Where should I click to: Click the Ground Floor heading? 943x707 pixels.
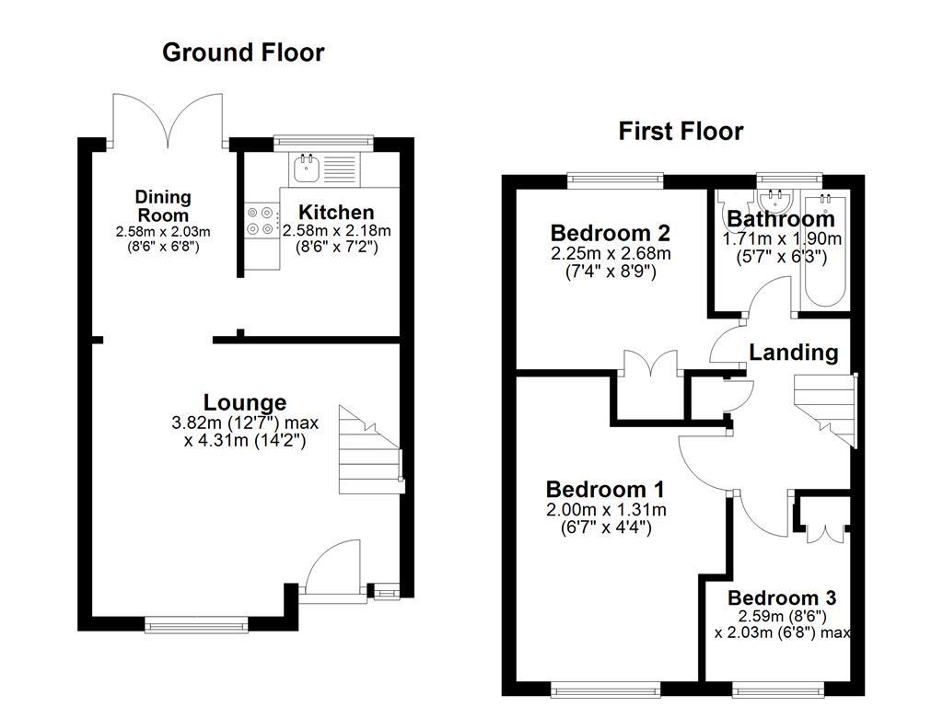[x=243, y=52]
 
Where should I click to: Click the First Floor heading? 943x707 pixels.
[x=681, y=132]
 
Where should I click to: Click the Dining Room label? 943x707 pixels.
[x=163, y=205]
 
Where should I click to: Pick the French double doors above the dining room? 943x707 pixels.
[x=167, y=121]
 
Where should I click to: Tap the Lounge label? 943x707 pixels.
[x=244, y=402]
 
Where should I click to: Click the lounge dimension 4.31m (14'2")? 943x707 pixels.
[x=245, y=441]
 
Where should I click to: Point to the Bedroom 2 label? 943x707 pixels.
[x=610, y=232]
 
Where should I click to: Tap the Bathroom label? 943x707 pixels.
[x=781, y=219]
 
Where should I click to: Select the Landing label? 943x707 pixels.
[x=793, y=353]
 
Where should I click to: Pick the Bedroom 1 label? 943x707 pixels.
[x=606, y=489]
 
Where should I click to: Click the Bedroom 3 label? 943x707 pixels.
[x=782, y=598]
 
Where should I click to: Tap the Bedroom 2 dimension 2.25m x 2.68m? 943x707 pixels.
[x=610, y=253]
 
